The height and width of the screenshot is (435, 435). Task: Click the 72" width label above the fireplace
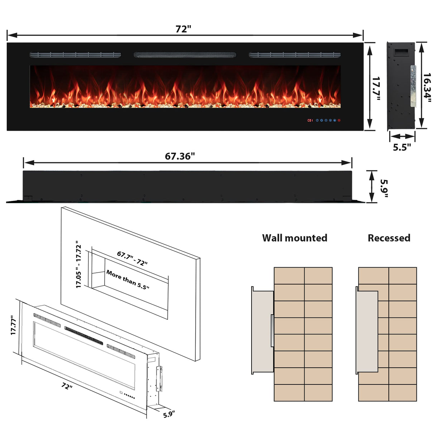[183, 29]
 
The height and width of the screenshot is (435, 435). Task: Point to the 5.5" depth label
[402, 147]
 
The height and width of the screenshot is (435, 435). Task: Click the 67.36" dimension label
[180, 156]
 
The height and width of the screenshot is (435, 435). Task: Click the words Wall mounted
[295, 238]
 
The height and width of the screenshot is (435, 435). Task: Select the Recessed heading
[389, 238]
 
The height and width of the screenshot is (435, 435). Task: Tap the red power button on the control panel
[339, 120]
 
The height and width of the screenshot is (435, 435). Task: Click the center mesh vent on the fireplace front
[185, 55]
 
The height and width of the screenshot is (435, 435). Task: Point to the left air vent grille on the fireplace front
[75, 55]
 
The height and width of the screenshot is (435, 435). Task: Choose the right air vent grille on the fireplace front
[295, 55]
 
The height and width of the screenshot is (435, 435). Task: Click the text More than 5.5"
[128, 280]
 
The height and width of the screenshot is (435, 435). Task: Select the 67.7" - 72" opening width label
[132, 258]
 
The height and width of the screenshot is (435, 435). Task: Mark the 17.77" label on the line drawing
[14, 325]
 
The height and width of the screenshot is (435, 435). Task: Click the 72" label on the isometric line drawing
[67, 386]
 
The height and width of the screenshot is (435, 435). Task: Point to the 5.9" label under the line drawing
[169, 414]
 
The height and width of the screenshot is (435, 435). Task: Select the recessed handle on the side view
[401, 52]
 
